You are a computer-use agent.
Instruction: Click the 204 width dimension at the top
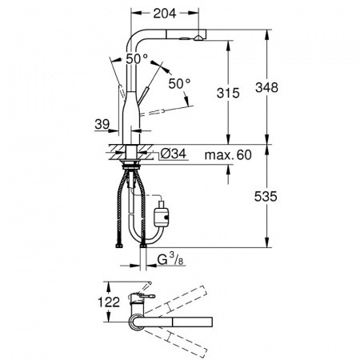pos(165,14)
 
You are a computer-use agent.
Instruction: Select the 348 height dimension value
pos(266,87)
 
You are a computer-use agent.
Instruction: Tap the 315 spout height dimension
pos(228,93)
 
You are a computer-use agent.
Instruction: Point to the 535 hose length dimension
pos(266,197)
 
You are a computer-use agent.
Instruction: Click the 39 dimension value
pos(102,124)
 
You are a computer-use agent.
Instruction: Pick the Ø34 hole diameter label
pos(174,154)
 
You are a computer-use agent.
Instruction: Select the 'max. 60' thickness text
pos(228,155)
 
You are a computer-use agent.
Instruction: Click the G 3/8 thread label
pos(170,260)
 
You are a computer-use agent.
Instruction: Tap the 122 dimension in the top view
pos(109,302)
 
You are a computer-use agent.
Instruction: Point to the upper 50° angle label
pos(137,58)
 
